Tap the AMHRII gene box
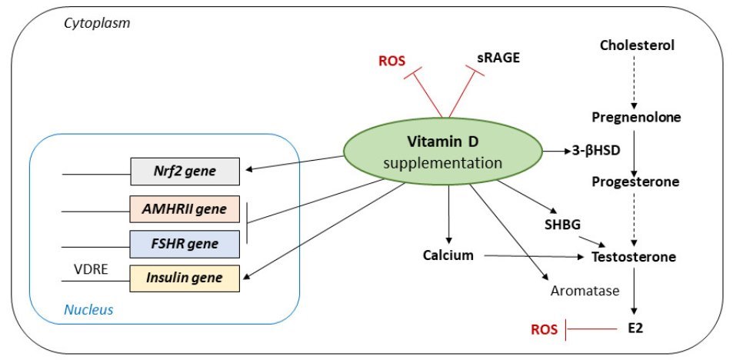pos(185,208)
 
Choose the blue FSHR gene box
pos(185,244)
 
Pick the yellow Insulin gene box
pos(185,278)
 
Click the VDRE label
pos(90,270)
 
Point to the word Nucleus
pos(88,311)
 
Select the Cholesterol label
pos(636,45)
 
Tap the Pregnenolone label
pos(636,117)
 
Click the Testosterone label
pos(634,257)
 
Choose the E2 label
pos(634,328)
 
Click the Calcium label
pos(448,255)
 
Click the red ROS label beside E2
pos(545,329)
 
